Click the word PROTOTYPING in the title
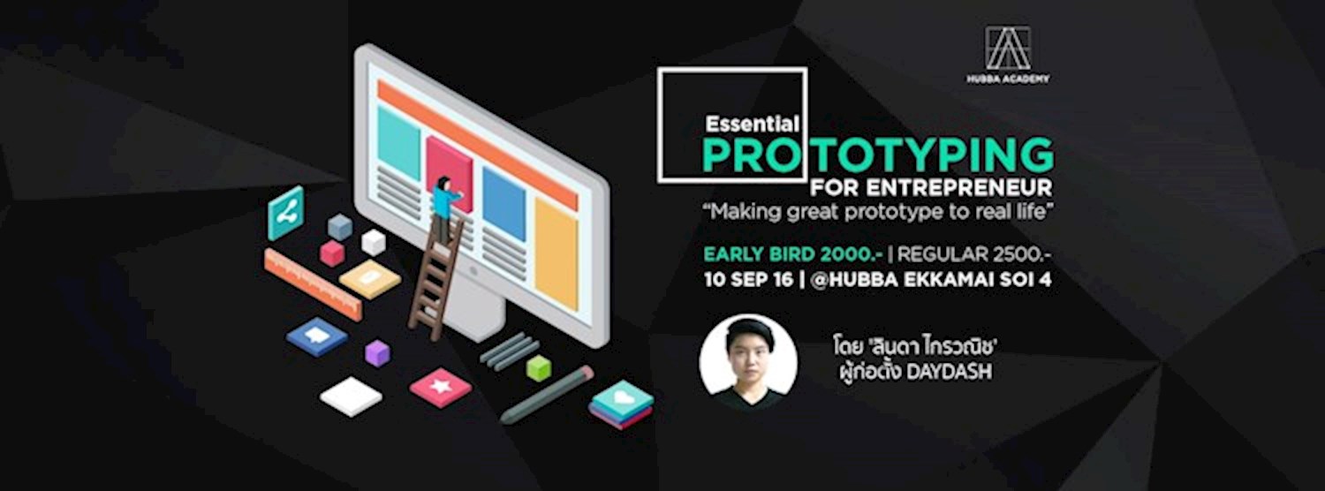(x=877, y=155)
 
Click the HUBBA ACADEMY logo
(x=1008, y=55)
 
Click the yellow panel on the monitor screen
(x=556, y=253)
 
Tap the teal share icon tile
(x=285, y=212)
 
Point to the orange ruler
(x=313, y=283)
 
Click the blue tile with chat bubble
(x=317, y=336)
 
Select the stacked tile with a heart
(x=622, y=403)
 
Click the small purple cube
(x=377, y=352)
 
